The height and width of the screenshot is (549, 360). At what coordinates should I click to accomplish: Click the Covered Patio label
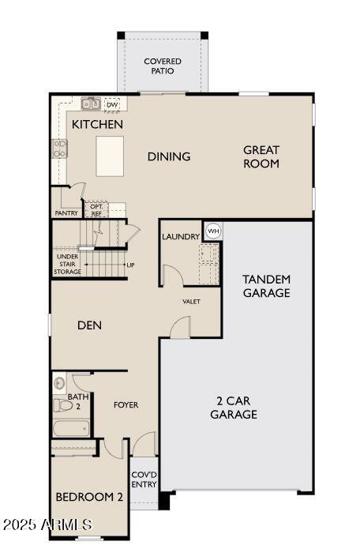tap(163, 66)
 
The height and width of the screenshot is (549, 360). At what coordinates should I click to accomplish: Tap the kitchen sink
tap(91, 103)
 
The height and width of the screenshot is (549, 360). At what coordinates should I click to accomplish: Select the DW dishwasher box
tap(112, 104)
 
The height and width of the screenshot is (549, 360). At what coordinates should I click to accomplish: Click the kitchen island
tap(110, 156)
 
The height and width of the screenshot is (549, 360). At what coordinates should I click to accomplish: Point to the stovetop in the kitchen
tap(59, 149)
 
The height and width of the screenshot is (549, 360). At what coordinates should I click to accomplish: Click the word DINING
tap(169, 156)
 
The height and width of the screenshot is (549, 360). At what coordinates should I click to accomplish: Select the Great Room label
tap(261, 157)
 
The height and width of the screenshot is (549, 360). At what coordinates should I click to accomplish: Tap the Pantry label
tap(66, 212)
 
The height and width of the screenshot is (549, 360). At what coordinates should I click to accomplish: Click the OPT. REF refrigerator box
tap(96, 210)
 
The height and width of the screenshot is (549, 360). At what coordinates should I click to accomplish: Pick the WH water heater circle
tap(213, 231)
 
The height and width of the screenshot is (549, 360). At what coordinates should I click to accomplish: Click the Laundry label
tap(181, 237)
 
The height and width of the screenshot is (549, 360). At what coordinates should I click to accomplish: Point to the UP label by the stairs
tap(130, 265)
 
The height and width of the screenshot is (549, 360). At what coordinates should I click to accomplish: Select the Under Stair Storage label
tap(68, 264)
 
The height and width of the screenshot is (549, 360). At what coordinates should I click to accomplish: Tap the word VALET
tap(191, 302)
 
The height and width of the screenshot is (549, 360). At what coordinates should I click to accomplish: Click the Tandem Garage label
tap(267, 286)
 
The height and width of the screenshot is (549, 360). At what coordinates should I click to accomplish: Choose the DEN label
tap(89, 325)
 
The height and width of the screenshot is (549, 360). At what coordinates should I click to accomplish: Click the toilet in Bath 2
tap(62, 405)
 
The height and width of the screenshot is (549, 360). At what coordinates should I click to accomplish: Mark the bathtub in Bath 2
tap(71, 428)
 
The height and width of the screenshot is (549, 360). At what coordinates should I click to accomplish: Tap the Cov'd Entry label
tap(144, 479)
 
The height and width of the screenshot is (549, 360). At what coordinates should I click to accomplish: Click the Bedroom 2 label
tap(89, 497)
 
